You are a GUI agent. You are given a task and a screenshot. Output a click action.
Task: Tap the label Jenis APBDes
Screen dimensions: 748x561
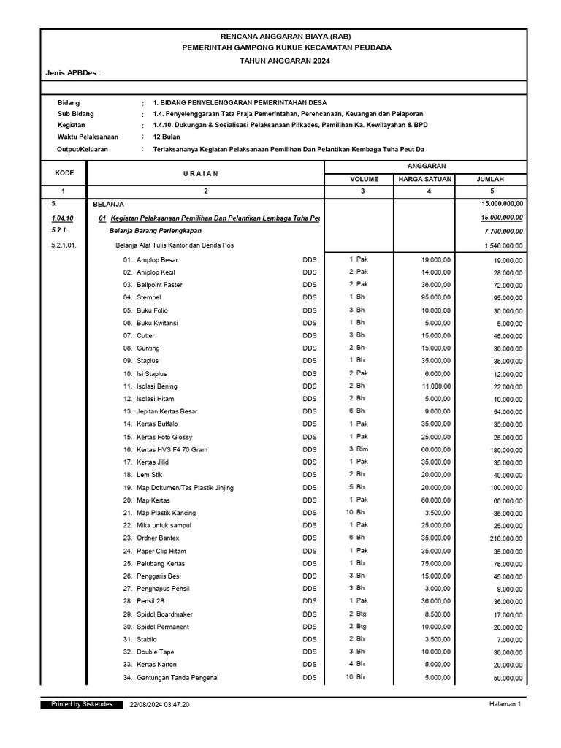[72, 74]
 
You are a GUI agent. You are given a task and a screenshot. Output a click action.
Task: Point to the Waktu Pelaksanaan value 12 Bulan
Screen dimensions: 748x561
[167, 137]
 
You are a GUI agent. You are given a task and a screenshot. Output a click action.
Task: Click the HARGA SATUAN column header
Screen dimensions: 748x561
[430, 178]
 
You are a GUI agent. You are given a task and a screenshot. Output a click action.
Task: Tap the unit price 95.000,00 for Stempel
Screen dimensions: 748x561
[436, 297]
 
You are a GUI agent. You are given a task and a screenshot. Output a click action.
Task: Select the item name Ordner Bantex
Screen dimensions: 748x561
[158, 538]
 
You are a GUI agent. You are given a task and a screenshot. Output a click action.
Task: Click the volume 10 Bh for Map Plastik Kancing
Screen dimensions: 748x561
[356, 513]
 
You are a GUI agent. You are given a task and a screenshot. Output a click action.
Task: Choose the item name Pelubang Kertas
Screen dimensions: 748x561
[160, 564]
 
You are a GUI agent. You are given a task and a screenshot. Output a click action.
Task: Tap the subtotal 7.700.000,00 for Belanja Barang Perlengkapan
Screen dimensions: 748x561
[501, 232]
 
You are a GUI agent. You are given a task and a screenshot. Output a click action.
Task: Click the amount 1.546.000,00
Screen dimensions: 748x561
[503, 246]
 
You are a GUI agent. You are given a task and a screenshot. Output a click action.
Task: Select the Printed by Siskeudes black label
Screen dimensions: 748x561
[82, 704]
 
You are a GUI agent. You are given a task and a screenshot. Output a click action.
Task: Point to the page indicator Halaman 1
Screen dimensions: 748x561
[505, 704]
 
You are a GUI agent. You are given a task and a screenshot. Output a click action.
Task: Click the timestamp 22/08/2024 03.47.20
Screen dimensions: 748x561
[159, 704]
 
